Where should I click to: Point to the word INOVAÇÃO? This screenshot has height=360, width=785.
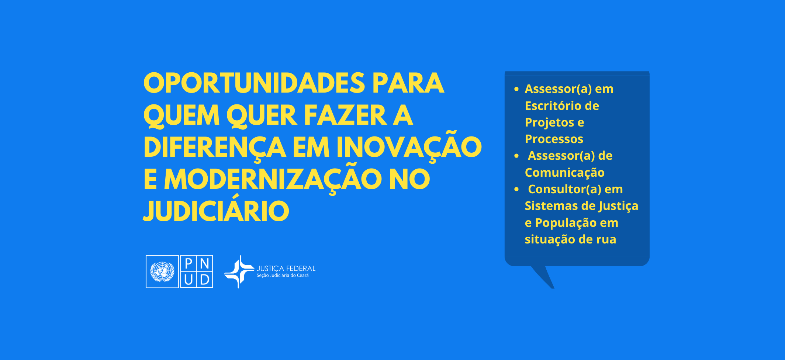click(409, 145)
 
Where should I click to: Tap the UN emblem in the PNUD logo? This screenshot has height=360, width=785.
click(162, 271)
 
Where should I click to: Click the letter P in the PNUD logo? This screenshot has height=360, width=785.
click(189, 263)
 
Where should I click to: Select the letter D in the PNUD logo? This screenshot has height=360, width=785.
click(205, 280)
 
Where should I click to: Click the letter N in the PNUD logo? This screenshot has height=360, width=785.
click(205, 263)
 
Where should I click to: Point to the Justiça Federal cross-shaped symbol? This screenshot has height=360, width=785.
click(239, 271)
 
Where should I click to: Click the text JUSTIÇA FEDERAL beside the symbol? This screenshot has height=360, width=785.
click(286, 269)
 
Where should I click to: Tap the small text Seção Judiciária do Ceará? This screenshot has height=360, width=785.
click(283, 276)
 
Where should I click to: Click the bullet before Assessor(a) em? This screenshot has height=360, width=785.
click(516, 89)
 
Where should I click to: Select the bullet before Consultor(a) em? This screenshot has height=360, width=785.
click(516, 189)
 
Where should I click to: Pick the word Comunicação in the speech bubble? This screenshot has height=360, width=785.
click(565, 173)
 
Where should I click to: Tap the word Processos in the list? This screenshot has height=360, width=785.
click(554, 139)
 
